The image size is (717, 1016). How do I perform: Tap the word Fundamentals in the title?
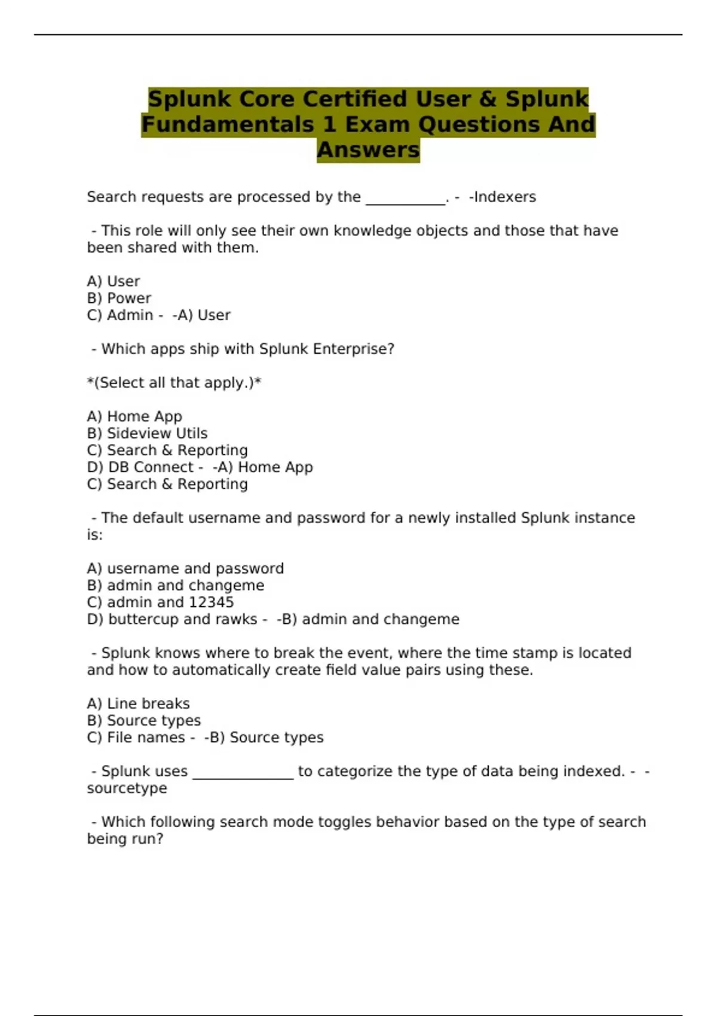(x=228, y=125)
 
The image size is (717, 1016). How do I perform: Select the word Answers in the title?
(x=368, y=150)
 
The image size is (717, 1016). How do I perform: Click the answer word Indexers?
(x=505, y=197)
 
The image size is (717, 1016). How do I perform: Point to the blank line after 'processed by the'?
(x=405, y=200)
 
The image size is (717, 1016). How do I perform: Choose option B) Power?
(x=119, y=298)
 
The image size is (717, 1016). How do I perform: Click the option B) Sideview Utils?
(x=147, y=433)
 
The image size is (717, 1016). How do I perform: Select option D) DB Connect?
(x=140, y=467)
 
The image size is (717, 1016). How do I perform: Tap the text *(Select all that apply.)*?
(x=174, y=383)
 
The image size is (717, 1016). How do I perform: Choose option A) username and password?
(x=185, y=568)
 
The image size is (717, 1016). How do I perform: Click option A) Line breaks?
(x=138, y=703)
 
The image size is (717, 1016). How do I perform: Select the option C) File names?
(x=136, y=737)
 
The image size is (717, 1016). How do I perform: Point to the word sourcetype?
(x=127, y=788)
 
